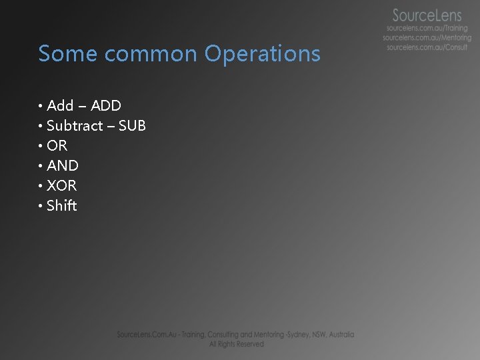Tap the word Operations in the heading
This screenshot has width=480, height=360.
pyautogui.click(x=263, y=53)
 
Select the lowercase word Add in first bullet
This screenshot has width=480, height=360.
pyautogui.click(x=60, y=105)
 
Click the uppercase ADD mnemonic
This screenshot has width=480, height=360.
pyautogui.click(x=106, y=105)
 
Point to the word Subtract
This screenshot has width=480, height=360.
pyautogui.click(x=75, y=125)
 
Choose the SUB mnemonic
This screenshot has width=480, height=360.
pyautogui.click(x=132, y=125)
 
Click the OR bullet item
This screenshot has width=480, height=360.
pyautogui.click(x=57, y=145)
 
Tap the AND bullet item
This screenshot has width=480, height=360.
pyautogui.click(x=63, y=165)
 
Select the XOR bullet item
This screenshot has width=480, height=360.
pyautogui.click(x=62, y=185)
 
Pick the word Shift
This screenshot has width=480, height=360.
pyautogui.click(x=62, y=205)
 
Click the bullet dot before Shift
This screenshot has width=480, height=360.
pyautogui.click(x=41, y=206)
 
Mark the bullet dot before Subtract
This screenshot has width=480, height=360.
pyautogui.click(x=41, y=126)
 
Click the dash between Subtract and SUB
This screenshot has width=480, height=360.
pyautogui.click(x=111, y=126)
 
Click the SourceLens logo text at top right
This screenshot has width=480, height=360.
pyautogui.click(x=427, y=15)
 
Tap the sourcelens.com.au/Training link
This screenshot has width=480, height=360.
pyautogui.click(x=427, y=29)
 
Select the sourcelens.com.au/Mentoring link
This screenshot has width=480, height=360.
pyautogui.click(x=427, y=38)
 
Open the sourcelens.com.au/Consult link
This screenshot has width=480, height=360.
pyautogui.click(x=427, y=47)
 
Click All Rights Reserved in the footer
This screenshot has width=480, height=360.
pyautogui.click(x=236, y=344)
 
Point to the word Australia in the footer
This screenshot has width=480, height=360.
pyautogui.click(x=340, y=335)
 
